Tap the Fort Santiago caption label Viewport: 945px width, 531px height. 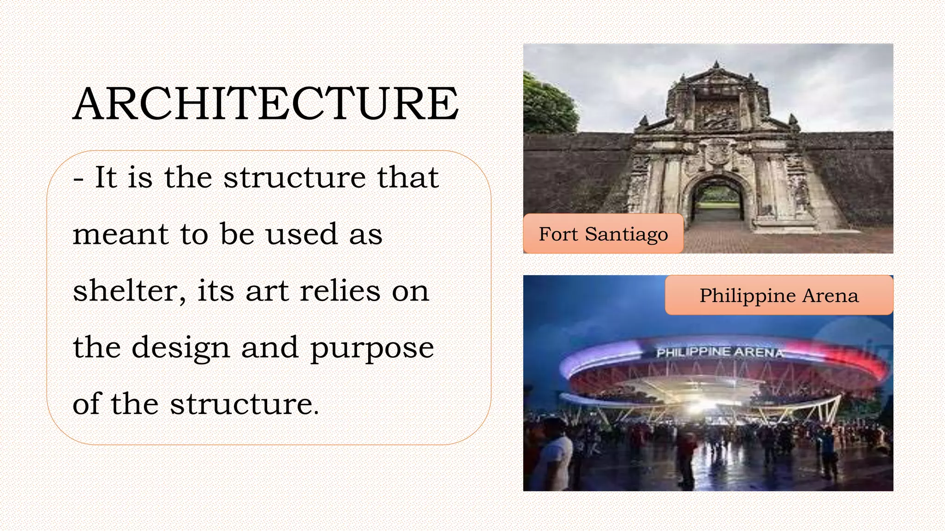point(603,234)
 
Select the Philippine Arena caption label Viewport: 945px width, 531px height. point(779,295)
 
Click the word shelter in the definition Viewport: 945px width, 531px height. point(125,291)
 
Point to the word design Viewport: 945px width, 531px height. point(180,348)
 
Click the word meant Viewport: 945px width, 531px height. point(120,234)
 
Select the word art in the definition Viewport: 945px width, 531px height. point(267,292)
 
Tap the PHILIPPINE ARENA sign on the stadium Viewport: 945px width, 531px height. point(720,353)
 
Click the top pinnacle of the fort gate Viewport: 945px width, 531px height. point(716,65)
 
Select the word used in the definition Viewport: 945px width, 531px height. point(302,234)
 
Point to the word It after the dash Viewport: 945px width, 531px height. point(106,177)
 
